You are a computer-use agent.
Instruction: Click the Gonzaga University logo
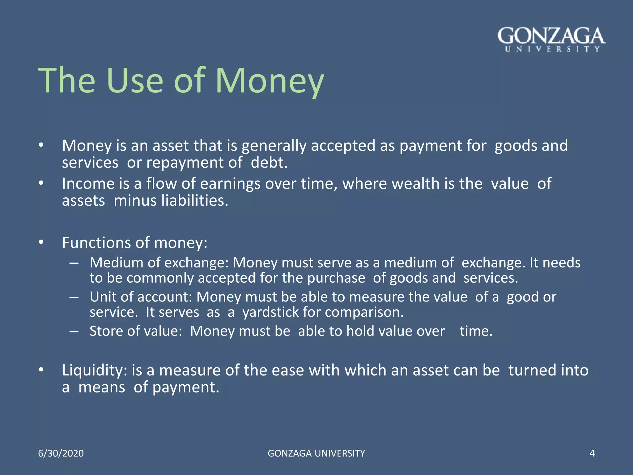tap(551, 39)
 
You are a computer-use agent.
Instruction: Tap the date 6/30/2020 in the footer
tap(61, 453)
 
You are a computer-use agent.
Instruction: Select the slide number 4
tap(592, 453)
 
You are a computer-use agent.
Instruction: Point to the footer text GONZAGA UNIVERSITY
tap(316, 453)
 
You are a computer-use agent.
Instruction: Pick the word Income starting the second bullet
tap(88, 184)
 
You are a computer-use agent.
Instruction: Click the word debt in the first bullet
tap(269, 163)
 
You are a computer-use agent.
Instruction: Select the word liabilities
tap(194, 201)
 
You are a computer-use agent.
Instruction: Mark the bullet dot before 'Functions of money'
tap(41, 242)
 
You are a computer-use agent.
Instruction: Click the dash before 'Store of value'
tap(74, 332)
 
